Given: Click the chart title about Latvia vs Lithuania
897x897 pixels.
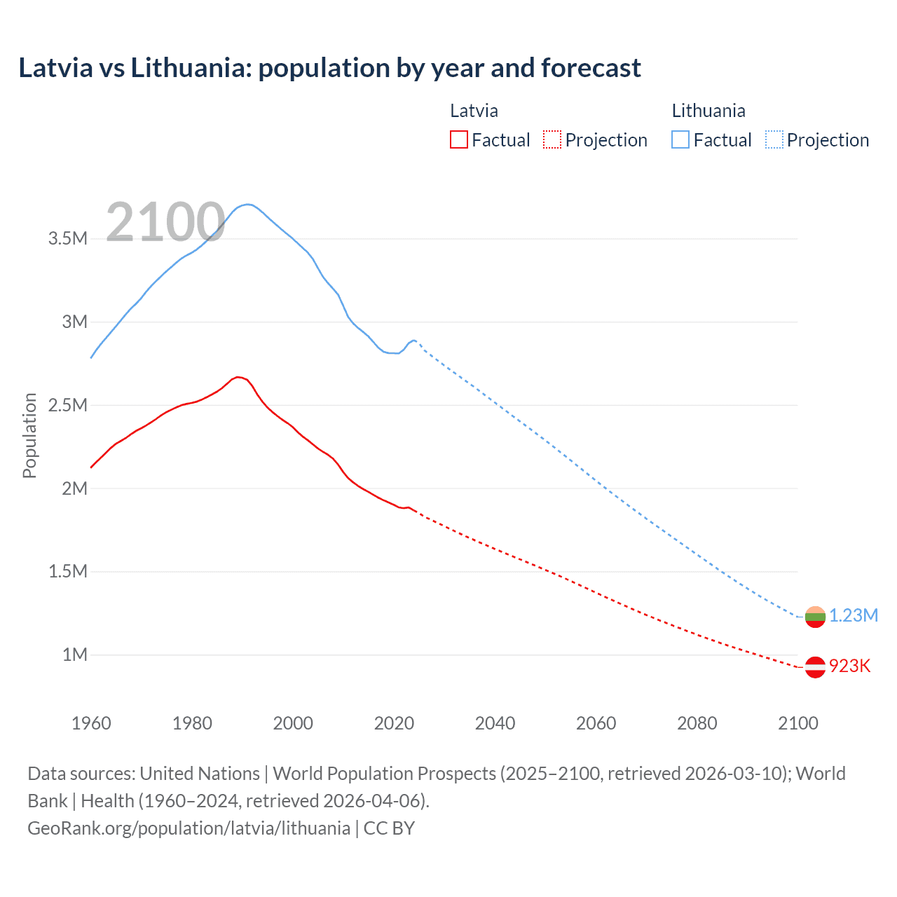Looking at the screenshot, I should (329, 68).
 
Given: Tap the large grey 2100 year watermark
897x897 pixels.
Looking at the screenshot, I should (165, 222).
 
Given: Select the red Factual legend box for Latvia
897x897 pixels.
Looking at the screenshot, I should (458, 139).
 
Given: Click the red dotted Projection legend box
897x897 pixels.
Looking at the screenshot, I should (552, 139).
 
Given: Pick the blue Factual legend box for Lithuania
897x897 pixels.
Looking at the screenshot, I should (680, 139).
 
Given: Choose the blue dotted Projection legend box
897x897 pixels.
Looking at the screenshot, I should (774, 139).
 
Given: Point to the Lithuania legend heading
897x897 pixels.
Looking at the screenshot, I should (708, 111).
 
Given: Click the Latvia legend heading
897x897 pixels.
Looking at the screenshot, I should (474, 111).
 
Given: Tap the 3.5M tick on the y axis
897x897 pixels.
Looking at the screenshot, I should (68, 238).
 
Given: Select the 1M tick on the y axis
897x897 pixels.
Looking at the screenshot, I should (75, 655).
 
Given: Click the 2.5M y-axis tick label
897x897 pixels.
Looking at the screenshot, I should (68, 405).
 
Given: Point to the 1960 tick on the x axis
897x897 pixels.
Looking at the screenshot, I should (91, 723).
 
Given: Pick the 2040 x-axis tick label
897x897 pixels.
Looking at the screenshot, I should (495, 723).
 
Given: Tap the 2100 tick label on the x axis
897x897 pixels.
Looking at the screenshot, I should (797, 723).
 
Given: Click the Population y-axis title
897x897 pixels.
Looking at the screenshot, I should (29, 435).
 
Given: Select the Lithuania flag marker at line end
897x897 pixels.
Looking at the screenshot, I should (815, 617).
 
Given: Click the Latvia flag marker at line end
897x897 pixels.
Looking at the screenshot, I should (815, 667).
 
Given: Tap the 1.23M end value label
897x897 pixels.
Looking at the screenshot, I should (854, 615).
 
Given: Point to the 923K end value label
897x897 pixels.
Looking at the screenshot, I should (849, 666).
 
